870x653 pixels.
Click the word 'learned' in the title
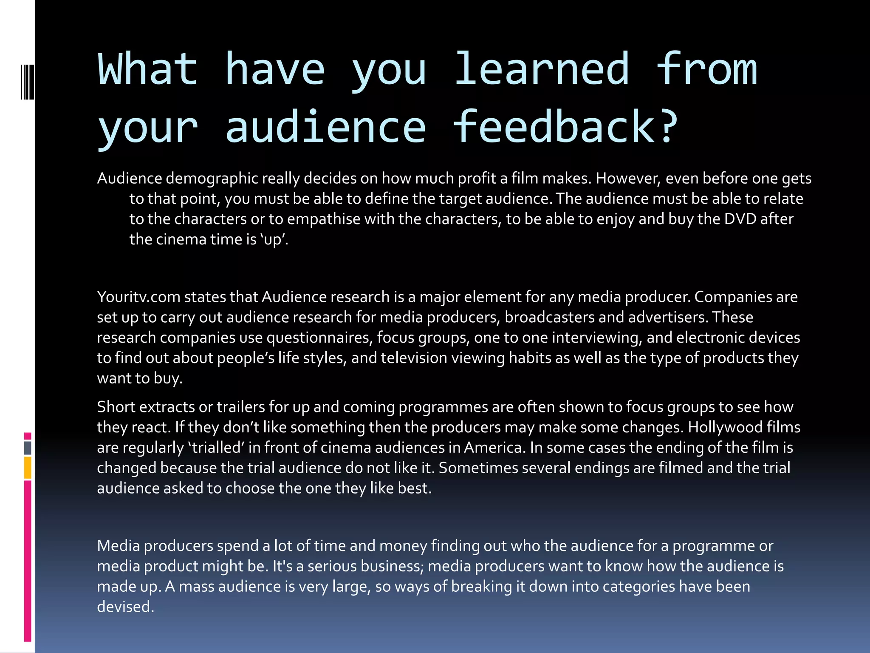pyautogui.click(x=541, y=69)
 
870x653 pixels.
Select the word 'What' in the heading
pyautogui.click(x=148, y=69)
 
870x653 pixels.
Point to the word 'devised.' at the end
pyautogui.click(x=125, y=607)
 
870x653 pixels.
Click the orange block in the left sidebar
pyautogui.click(x=28, y=467)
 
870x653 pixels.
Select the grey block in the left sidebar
pyautogui.click(x=28, y=448)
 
